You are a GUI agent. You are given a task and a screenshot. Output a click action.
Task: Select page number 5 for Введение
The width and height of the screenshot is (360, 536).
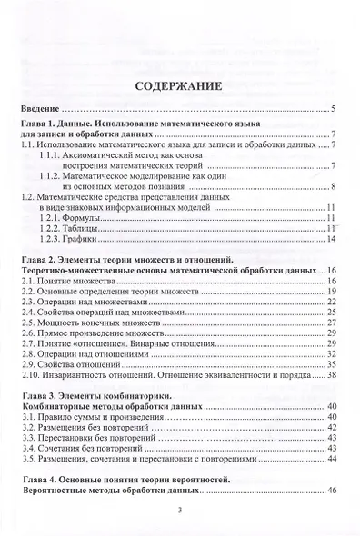point(335,110)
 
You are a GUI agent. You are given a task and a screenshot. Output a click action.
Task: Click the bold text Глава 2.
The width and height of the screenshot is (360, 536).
point(42,262)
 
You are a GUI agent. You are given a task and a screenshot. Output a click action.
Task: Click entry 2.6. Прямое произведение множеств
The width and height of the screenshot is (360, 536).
point(89,333)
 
